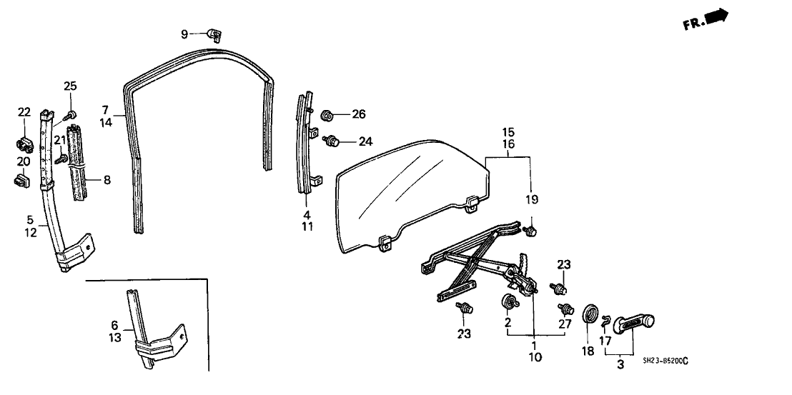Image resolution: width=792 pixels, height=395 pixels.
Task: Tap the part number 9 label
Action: point(184,34)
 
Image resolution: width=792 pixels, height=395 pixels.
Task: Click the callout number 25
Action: point(70,87)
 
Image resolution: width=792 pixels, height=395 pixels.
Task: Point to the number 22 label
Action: point(24,111)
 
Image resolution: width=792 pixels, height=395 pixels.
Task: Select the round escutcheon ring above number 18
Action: point(591,314)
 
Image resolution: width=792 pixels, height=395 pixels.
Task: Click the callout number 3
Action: point(620,365)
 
